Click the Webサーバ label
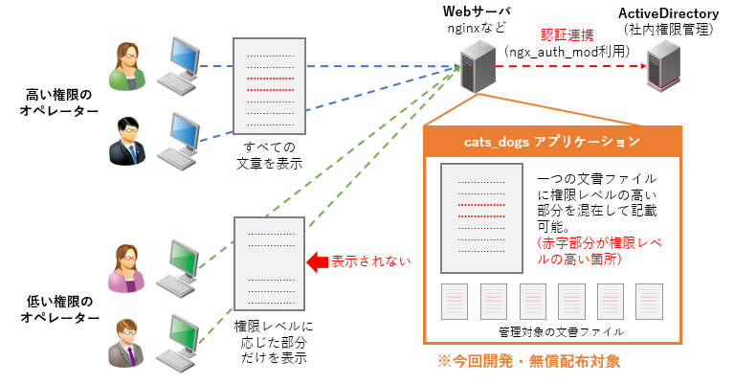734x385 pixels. [471, 11]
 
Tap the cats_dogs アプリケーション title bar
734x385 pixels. [552, 142]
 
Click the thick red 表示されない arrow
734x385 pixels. [315, 260]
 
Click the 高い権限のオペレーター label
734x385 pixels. [59, 102]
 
